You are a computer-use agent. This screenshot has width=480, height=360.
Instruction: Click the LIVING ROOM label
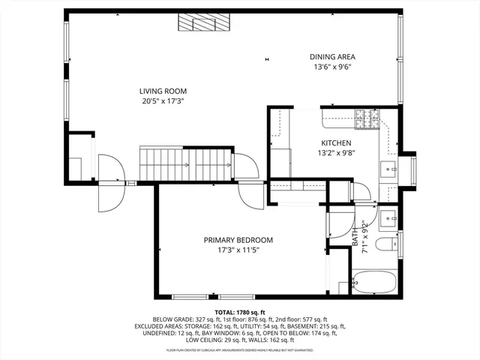[162, 90]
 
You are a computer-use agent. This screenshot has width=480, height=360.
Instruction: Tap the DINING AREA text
[332, 56]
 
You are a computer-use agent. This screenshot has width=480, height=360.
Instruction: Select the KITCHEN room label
[337, 142]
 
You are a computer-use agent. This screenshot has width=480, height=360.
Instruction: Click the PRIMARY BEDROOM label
[238, 240]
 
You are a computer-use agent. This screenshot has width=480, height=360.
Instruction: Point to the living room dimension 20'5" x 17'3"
[162, 100]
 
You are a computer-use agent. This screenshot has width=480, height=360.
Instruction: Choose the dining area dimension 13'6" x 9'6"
[332, 67]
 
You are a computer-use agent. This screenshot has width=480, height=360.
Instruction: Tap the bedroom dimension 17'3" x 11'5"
[238, 250]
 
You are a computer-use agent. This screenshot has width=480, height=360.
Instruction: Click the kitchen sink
[388, 169]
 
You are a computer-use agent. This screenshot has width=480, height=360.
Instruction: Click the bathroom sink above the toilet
[388, 218]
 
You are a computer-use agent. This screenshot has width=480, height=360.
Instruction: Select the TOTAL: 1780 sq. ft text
[240, 312]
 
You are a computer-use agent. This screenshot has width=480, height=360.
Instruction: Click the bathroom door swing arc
[339, 224]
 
